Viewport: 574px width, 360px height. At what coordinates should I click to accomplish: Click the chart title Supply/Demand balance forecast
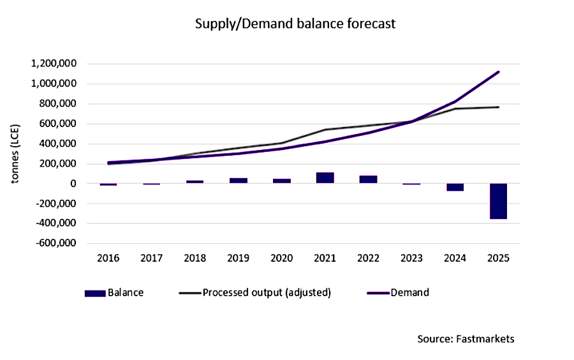coord(295,24)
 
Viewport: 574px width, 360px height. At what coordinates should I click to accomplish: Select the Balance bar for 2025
coord(498,201)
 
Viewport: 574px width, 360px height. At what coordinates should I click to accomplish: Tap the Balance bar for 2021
coord(325,177)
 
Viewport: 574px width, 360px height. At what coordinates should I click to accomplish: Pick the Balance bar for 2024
coord(455,187)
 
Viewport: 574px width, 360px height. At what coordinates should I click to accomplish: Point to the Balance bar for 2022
coord(369,179)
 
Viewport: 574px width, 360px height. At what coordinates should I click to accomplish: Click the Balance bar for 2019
coord(239,181)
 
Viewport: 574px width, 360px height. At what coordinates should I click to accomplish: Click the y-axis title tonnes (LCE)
coord(15,153)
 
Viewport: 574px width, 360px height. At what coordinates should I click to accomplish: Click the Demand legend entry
coord(398,293)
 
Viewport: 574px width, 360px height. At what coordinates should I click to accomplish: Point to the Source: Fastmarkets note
coord(466,338)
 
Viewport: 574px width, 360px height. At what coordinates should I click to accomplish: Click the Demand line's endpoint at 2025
coord(498,71)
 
